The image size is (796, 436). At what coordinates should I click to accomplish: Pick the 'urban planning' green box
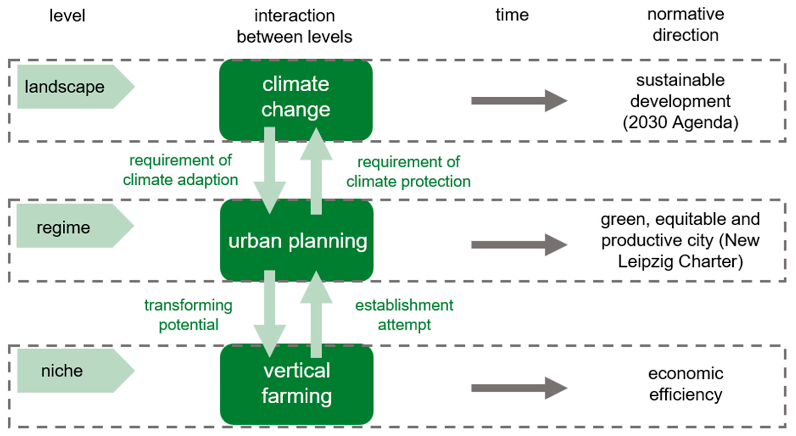[x=297, y=241]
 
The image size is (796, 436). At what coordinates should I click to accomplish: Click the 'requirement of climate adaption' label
[x=180, y=170]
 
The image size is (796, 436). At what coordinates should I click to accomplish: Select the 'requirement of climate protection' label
[x=408, y=172]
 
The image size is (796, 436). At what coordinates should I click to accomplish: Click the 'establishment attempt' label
[x=404, y=315]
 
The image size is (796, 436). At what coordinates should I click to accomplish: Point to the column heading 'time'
[x=512, y=15]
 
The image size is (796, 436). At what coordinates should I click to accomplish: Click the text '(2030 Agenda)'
[x=680, y=123]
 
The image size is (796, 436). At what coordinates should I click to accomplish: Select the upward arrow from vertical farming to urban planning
[x=316, y=315]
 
